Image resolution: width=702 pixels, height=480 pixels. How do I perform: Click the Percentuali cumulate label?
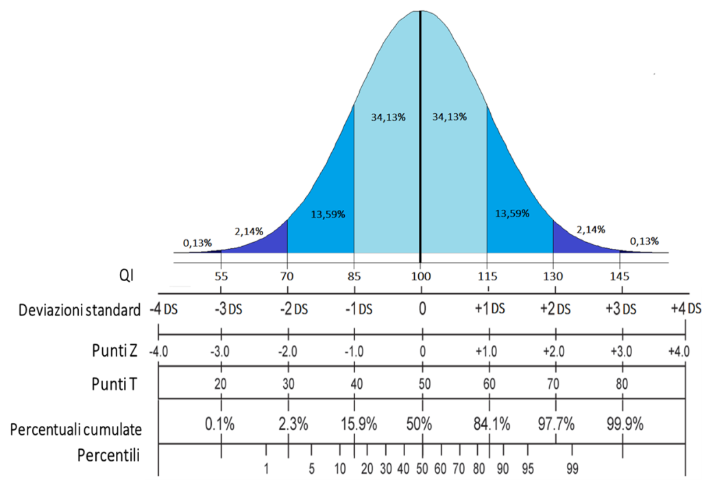76,429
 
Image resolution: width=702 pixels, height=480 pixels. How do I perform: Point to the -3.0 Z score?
221,352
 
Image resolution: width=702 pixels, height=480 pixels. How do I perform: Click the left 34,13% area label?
389,117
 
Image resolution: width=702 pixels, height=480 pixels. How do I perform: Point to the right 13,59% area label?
512,213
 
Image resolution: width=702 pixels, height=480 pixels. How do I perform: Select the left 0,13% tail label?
197,242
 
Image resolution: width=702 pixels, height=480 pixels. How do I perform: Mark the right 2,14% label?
591,229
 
